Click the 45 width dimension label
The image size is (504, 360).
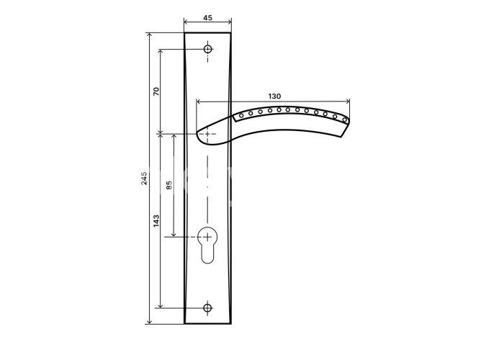(x=207, y=18)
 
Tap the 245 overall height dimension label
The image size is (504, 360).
(x=144, y=178)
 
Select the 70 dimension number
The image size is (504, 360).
(x=156, y=91)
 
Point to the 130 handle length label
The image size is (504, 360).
(x=274, y=96)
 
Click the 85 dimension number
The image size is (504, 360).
(x=169, y=185)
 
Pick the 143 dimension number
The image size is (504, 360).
(x=156, y=221)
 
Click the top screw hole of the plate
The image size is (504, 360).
(x=208, y=49)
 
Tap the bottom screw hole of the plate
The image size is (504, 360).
(x=208, y=307)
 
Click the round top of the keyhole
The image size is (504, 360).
(x=207, y=237)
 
